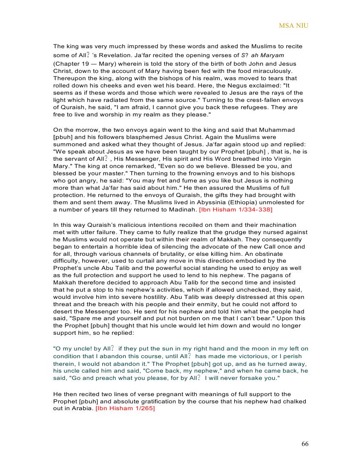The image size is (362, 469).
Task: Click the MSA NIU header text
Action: tap(293, 26)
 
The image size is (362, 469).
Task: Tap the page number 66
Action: tap(305, 444)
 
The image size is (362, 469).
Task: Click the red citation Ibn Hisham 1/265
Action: tap(125, 408)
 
